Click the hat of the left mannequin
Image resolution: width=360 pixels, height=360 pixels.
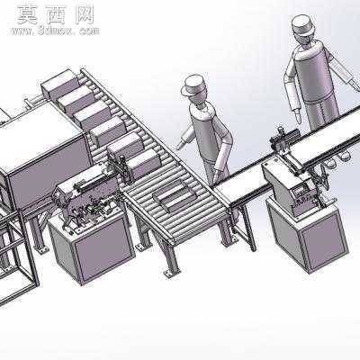tap(193, 85)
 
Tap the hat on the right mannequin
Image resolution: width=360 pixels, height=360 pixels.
tap(302, 24)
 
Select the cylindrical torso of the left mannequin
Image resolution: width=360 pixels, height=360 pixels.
tap(206, 131)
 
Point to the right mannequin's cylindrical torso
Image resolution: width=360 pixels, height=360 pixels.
tap(315, 71)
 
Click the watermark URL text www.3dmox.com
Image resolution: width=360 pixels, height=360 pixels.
tap(55, 31)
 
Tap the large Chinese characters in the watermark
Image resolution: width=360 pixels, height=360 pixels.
tap(56, 14)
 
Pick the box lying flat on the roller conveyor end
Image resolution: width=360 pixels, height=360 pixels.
tap(175, 197)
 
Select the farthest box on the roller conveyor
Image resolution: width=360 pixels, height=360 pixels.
tap(58, 82)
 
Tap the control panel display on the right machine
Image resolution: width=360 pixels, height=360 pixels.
tap(300, 191)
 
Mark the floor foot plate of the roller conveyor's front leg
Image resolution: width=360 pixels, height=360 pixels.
tap(171, 273)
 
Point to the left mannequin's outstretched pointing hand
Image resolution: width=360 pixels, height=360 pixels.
tap(181, 145)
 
